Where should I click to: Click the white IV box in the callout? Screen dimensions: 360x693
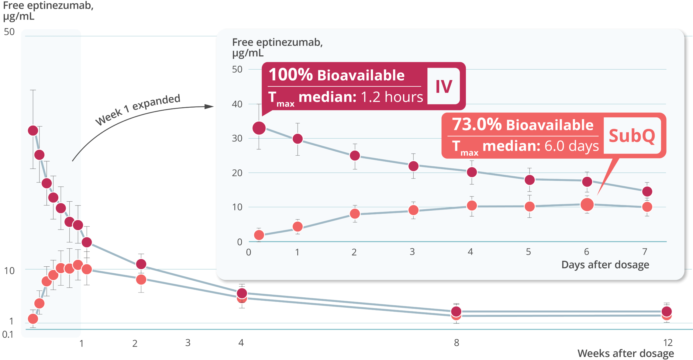click(x=443, y=86)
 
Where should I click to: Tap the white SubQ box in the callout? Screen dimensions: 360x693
click(x=632, y=136)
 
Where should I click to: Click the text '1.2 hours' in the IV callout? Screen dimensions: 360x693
click(x=391, y=97)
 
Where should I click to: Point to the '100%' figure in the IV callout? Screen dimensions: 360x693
click(x=291, y=75)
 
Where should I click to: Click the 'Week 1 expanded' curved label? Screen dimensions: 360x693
click(x=138, y=109)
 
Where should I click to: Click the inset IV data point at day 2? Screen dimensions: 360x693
click(x=355, y=156)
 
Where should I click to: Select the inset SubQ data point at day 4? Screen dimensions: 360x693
click(x=472, y=206)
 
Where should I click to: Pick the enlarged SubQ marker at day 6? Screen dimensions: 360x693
click(x=587, y=204)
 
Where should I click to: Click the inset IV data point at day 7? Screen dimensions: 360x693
click(x=647, y=192)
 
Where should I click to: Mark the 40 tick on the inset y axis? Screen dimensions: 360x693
click(x=237, y=104)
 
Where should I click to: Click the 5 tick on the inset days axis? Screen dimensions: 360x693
click(x=529, y=252)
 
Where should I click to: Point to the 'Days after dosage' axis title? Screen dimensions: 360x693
click(x=605, y=265)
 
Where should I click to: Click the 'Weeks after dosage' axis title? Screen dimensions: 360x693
click(x=626, y=353)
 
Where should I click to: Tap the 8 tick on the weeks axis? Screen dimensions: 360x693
click(x=456, y=343)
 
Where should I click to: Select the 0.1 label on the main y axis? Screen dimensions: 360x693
click(x=8, y=335)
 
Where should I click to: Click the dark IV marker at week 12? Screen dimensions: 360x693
click(x=667, y=311)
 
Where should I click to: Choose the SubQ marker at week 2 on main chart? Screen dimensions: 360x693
click(x=141, y=279)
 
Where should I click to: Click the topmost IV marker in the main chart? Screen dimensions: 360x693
click(x=33, y=131)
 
